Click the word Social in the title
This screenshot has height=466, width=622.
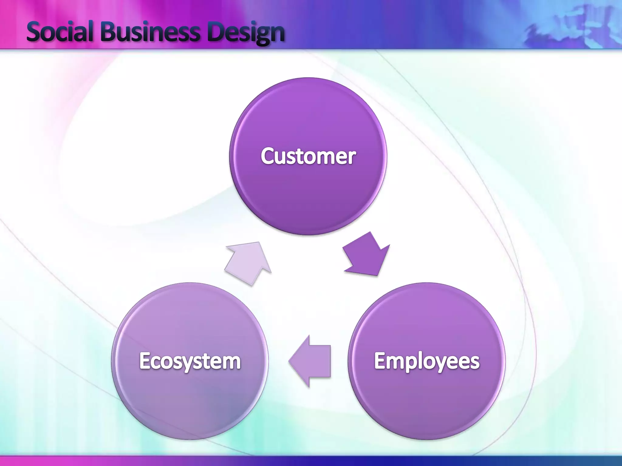(60, 32)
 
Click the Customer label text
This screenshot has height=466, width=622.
(308, 156)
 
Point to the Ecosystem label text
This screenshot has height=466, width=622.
(190, 361)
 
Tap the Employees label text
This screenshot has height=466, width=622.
(427, 361)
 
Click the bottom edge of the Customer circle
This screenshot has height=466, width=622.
(308, 234)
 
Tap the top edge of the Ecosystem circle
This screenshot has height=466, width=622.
(190, 283)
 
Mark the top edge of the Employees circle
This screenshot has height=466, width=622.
(427, 283)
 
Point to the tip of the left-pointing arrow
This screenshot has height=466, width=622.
(289, 361)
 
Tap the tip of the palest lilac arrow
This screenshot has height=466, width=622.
(259, 242)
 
